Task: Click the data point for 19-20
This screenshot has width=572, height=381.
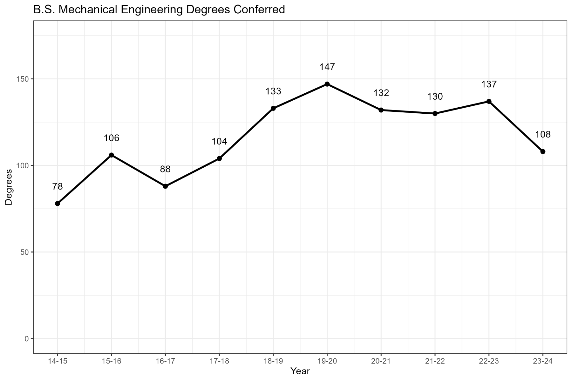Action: click(327, 84)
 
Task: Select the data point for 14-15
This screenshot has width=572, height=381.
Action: click(58, 204)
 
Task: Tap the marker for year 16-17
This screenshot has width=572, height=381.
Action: click(165, 186)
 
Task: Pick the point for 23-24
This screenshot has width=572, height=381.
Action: click(543, 151)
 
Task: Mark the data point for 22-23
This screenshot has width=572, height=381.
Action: click(489, 101)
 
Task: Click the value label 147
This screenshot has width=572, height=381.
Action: click(327, 67)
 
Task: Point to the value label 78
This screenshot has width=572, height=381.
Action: click(58, 186)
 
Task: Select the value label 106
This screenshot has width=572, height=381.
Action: click(112, 138)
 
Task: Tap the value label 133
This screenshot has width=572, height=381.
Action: click(273, 91)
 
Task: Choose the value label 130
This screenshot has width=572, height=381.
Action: click(435, 97)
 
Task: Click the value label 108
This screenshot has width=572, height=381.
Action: click(543, 135)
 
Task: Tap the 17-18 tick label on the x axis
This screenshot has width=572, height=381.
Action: click(219, 361)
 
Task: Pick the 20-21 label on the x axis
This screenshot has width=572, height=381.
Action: click(381, 361)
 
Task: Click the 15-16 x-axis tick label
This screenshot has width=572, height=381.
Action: click(112, 361)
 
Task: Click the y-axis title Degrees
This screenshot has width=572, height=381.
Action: click(9, 187)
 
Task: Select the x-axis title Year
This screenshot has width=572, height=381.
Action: click(300, 371)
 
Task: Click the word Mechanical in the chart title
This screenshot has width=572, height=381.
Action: click(85, 10)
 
